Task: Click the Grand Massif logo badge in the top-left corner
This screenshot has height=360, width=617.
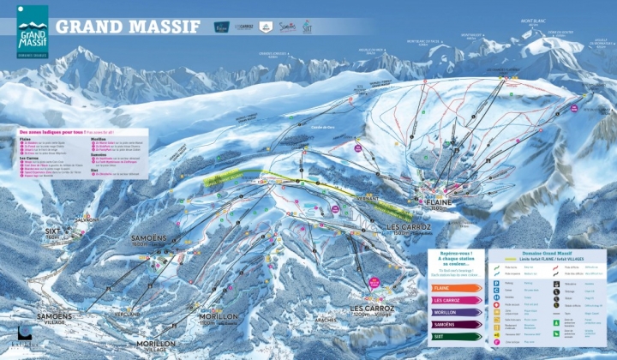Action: tap(32, 34)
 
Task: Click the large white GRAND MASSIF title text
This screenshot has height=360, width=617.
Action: tap(128, 27)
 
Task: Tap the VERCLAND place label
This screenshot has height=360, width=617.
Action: tap(126, 314)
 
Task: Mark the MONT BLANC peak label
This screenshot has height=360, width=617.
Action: tap(533, 21)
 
